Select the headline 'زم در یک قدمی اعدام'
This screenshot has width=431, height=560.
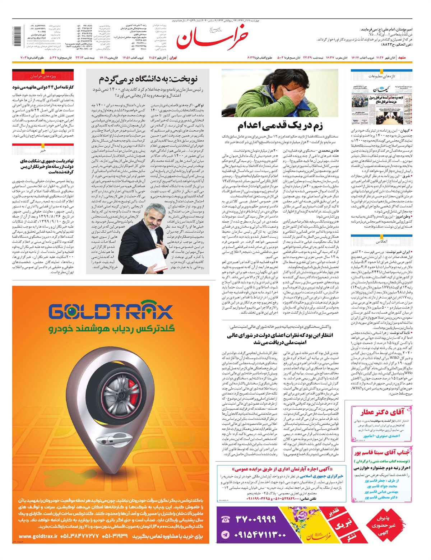tap(280, 126)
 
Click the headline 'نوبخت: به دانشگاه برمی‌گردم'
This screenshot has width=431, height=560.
tap(148, 79)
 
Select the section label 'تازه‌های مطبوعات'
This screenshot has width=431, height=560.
tap(381, 76)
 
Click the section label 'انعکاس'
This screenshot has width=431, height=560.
tap(381, 242)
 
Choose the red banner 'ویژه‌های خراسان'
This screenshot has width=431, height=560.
tap(43, 76)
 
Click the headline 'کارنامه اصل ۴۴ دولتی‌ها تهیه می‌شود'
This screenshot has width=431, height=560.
tap(43, 87)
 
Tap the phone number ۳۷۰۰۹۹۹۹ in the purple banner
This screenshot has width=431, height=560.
tap(256, 519)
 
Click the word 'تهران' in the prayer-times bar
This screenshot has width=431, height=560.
tap(173, 57)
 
